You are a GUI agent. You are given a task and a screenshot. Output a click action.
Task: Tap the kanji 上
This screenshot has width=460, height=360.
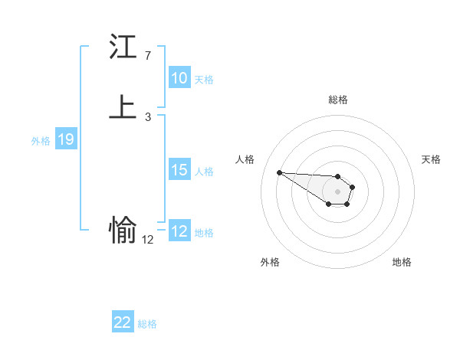(123, 107)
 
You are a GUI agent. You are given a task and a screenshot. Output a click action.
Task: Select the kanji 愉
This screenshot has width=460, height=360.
(123, 229)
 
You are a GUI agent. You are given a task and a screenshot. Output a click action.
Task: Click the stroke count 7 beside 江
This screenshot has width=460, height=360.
(147, 56)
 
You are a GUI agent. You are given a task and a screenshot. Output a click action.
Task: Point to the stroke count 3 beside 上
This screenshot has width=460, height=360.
(147, 116)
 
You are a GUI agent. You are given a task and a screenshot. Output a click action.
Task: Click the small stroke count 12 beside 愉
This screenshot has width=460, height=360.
(147, 239)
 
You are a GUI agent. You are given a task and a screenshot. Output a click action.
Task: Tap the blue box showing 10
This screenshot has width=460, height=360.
(179, 78)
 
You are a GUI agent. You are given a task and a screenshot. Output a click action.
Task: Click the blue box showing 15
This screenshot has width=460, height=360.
(179, 171)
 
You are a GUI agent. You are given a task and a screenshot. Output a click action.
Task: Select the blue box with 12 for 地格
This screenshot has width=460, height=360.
(179, 231)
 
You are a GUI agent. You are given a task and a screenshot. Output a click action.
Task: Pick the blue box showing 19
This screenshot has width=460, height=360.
(66, 140)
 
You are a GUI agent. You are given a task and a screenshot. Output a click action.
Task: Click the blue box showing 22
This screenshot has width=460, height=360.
(123, 323)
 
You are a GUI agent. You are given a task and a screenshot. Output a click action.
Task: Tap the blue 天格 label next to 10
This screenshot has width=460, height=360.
(204, 80)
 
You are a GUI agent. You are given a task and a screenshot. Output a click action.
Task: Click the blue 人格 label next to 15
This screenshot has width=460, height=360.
(204, 172)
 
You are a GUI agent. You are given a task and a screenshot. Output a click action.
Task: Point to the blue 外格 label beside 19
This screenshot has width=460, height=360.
(41, 141)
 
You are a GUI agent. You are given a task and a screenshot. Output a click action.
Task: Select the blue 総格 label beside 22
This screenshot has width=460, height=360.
(147, 324)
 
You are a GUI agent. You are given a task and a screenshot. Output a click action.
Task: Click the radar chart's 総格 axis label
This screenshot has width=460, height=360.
(337, 100)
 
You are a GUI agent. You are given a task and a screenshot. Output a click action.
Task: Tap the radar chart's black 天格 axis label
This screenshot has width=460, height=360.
(431, 159)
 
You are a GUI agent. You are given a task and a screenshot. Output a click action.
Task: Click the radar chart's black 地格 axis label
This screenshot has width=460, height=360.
(402, 262)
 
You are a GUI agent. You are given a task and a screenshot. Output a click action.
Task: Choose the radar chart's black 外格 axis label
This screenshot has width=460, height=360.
(270, 262)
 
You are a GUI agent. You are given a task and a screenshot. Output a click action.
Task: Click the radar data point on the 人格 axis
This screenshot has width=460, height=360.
(279, 172)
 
